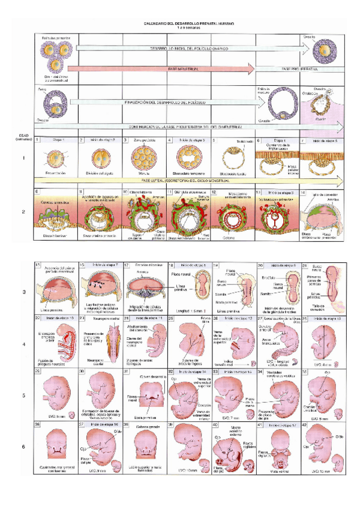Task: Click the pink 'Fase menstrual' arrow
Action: pyautogui.click(x=180, y=70)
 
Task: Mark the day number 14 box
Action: pyautogui.click(x=304, y=193)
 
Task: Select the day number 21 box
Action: pyautogui.click(x=305, y=265)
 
